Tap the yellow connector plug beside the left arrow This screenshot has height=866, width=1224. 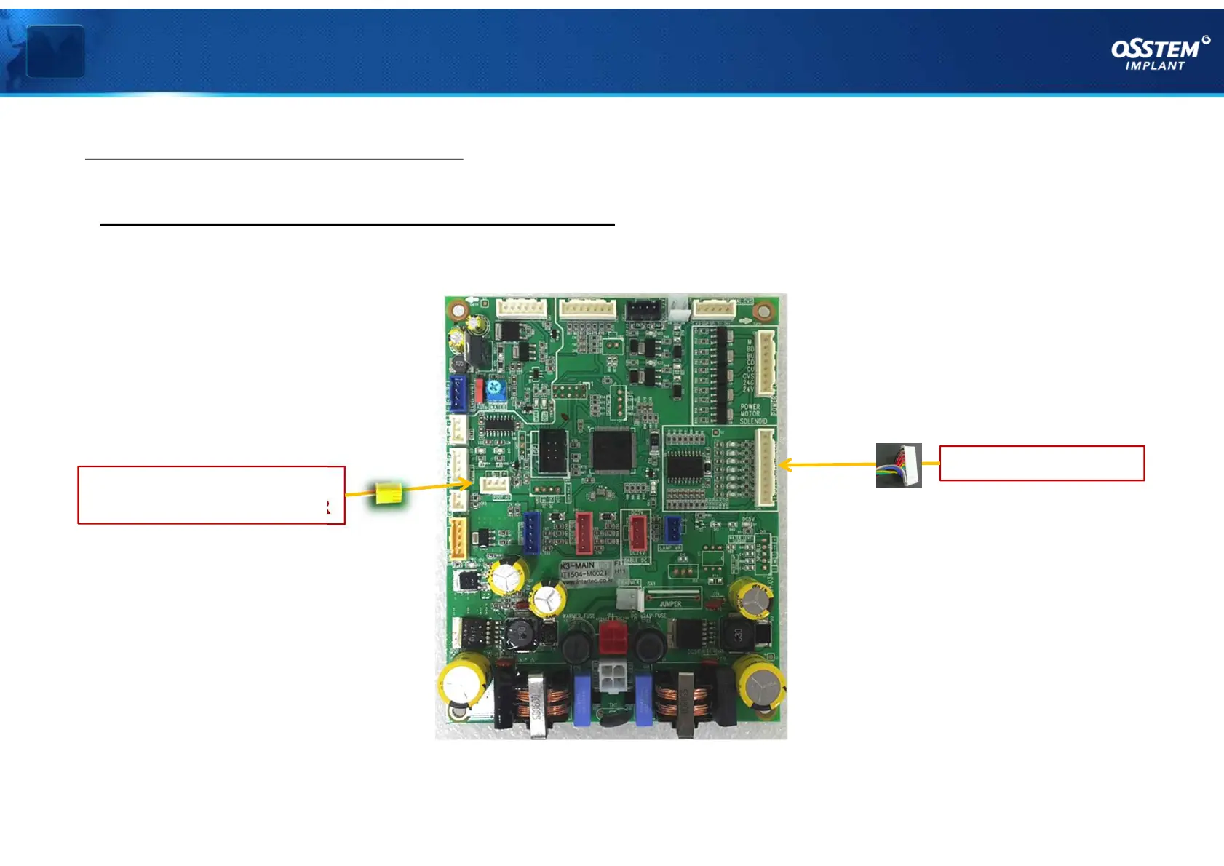389,493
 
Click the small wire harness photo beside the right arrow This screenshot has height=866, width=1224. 899,465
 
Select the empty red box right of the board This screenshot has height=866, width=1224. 1041,464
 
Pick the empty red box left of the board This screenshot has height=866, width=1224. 211,495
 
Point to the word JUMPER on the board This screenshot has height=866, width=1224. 670,604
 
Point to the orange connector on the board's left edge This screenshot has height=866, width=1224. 458,539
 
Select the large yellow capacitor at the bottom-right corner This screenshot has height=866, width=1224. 759,683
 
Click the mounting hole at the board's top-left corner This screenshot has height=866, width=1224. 458,311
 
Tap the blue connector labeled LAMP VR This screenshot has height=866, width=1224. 674,530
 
